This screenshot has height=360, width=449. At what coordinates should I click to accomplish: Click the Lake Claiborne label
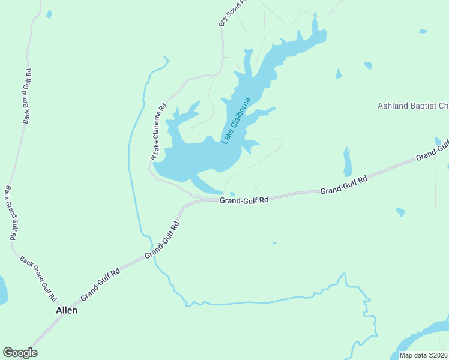pyautogui.click(x=235, y=121)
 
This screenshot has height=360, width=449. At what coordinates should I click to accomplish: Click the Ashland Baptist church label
pyautogui.click(x=413, y=106)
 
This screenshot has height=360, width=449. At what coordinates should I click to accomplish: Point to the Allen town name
pyautogui.click(x=66, y=311)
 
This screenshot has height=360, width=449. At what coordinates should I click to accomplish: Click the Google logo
pyautogui.click(x=20, y=353)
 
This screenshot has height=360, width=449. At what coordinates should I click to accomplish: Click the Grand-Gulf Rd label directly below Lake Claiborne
pyautogui.click(x=243, y=200)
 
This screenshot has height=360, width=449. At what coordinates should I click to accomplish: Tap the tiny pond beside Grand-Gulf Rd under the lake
pyautogui.click(x=232, y=194)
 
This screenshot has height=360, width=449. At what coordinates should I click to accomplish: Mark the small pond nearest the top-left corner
pyautogui.click(x=49, y=14)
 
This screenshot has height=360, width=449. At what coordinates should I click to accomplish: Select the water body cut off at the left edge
pyautogui.click(x=2, y=290)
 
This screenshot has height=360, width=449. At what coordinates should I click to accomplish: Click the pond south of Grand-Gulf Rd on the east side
pyautogui.click(x=400, y=212)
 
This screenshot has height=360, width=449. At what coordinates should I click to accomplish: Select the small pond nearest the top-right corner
pyautogui.click(x=423, y=31)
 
